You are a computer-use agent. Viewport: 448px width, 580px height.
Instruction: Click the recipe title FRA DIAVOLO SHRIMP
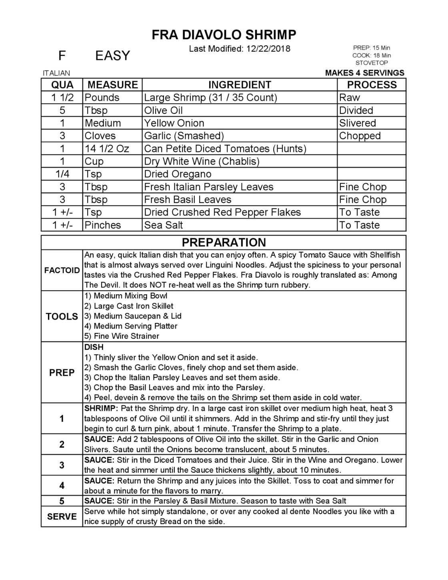(x=224, y=35)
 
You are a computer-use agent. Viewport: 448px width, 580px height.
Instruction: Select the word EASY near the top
(x=113, y=56)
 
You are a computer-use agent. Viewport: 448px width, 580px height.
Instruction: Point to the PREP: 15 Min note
(x=372, y=48)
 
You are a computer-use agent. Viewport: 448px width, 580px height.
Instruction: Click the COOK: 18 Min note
(x=372, y=55)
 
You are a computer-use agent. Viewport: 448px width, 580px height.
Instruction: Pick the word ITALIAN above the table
(x=56, y=73)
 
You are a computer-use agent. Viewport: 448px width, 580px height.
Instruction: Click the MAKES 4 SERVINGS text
(x=364, y=73)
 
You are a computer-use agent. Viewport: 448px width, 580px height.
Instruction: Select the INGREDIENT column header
(x=240, y=85)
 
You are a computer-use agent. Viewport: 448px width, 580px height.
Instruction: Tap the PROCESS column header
(x=372, y=85)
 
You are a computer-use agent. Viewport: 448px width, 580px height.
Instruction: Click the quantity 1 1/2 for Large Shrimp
(x=62, y=98)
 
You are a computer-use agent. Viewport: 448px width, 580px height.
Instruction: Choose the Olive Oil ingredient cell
(x=163, y=110)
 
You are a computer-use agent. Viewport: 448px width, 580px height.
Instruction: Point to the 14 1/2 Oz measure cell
(x=107, y=149)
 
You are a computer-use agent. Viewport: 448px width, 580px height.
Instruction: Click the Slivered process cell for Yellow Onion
(x=357, y=123)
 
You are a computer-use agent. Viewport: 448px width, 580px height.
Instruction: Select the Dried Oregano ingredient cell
(x=178, y=174)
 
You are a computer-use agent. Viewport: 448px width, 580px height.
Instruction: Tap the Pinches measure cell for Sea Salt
(x=103, y=225)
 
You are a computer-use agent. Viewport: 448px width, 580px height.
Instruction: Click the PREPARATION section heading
(x=224, y=243)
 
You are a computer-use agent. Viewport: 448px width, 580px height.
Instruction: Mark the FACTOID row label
(x=62, y=270)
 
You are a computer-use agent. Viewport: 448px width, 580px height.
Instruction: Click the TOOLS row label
(x=62, y=317)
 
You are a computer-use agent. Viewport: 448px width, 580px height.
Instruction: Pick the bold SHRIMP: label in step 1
(x=101, y=409)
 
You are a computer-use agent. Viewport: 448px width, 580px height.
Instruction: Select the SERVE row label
(x=62, y=516)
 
